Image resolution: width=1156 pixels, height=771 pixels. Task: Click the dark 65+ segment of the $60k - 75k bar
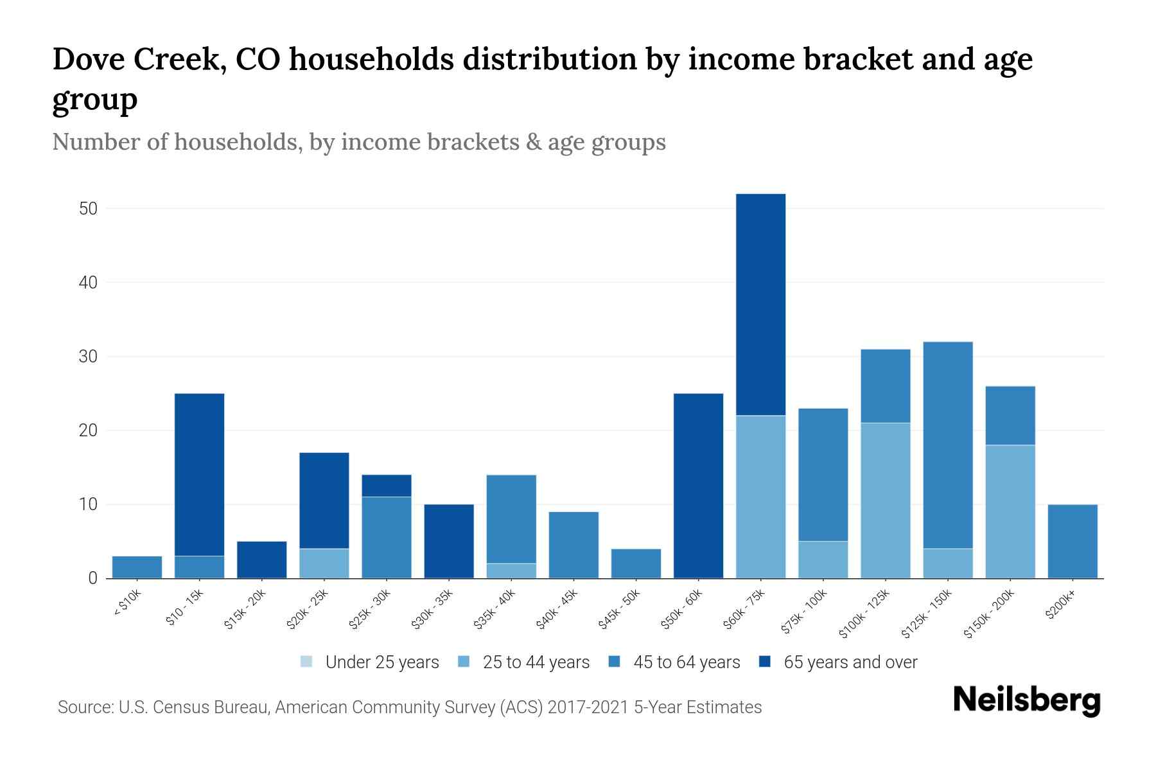[760, 305]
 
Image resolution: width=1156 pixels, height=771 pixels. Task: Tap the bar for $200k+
[1073, 541]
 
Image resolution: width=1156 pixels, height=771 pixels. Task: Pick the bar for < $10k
[137, 567]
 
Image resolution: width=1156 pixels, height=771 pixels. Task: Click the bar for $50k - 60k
[698, 486]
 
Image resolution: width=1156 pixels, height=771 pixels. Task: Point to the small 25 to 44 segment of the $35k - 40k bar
[511, 571]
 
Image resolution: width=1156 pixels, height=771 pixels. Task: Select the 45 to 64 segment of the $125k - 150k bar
[947, 445]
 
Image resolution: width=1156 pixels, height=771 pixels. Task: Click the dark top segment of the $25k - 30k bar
[387, 485]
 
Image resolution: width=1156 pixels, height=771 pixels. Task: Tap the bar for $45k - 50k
[636, 563]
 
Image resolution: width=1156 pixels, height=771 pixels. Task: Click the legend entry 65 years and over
[850, 662]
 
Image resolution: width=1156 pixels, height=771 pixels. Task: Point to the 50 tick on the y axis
[88, 209]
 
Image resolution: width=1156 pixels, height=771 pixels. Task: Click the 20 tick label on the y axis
[88, 430]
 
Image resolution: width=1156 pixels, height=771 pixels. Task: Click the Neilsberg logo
[1026, 700]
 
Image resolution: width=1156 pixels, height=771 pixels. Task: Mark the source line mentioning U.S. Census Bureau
[409, 707]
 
